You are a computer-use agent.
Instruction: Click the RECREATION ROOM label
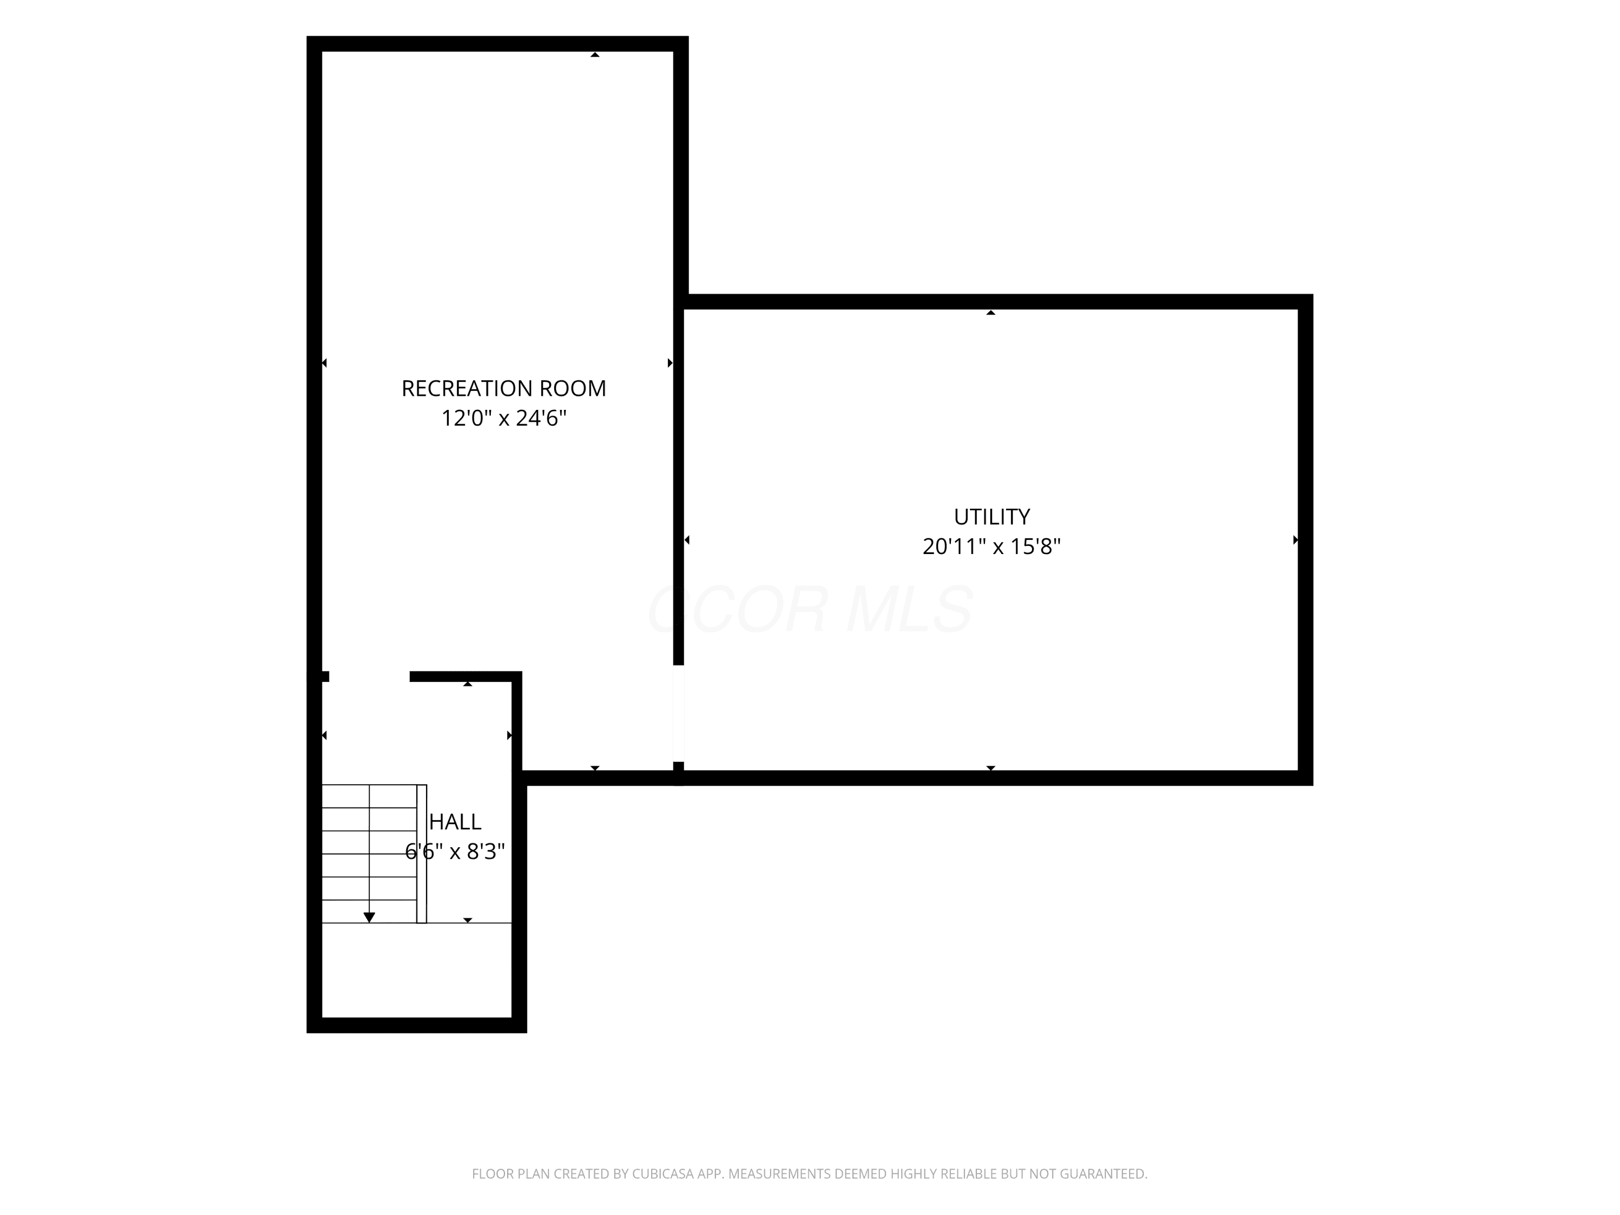pos(504,388)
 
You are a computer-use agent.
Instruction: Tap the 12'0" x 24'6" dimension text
pos(504,418)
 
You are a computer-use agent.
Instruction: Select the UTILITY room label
pos(991,517)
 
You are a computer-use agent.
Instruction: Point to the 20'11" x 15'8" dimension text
pos(991,546)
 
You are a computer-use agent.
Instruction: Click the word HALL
pos(455,822)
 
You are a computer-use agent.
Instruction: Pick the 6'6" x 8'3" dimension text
pos(455,852)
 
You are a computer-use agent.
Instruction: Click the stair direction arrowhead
pos(369,917)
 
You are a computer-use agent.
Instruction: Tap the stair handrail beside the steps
pos(422,854)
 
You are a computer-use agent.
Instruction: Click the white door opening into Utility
pos(679,713)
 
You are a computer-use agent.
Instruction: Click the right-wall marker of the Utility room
pos(1295,540)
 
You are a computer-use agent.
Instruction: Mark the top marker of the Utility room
pos(991,313)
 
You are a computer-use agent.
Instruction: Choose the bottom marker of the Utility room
pos(991,768)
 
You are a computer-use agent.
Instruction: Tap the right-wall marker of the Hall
pos(510,735)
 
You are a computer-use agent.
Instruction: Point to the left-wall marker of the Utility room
pos(687,540)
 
